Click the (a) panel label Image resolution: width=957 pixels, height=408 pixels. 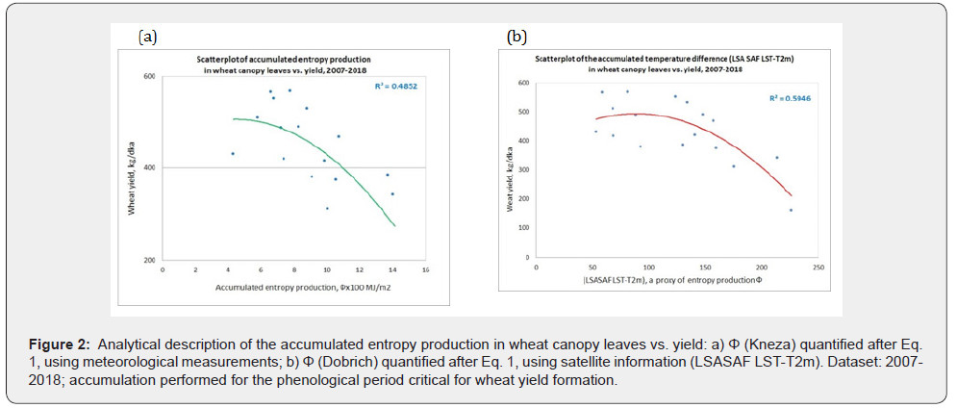(147, 38)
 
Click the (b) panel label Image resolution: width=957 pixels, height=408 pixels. (517, 38)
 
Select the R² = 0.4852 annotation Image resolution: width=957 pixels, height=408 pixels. (396, 86)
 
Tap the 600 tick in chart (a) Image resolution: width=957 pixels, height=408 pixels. (150, 76)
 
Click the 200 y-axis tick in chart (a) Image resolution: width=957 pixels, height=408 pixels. (150, 261)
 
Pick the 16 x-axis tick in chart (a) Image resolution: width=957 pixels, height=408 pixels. (425, 270)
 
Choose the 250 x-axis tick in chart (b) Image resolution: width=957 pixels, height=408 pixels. (817, 267)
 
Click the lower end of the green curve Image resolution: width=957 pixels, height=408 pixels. (394, 227)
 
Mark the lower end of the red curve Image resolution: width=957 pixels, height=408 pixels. (792, 195)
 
